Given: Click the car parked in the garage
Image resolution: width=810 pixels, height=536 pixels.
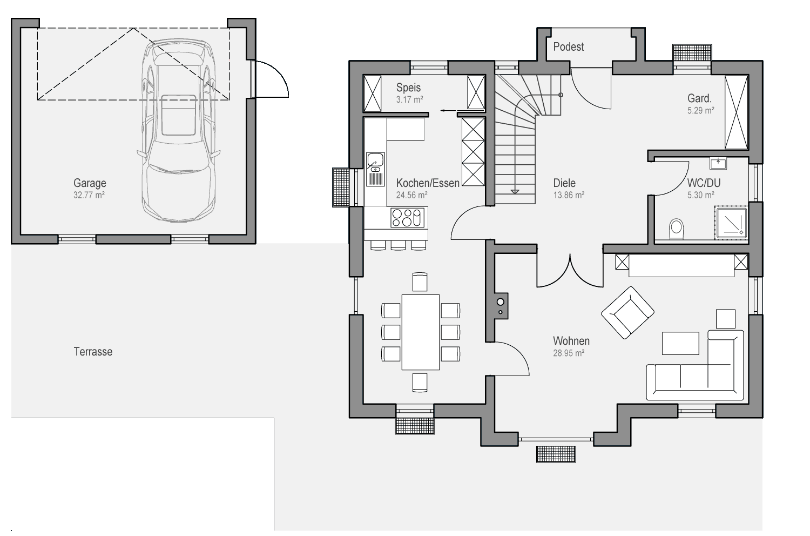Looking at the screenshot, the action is (179, 131).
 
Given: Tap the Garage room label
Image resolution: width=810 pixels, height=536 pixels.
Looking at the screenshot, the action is (90, 183).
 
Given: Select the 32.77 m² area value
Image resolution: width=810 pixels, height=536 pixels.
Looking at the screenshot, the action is (89, 195).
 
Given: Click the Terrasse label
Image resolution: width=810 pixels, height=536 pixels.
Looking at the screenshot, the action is (93, 351).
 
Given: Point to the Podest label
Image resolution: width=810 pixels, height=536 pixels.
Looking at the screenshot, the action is (569, 46).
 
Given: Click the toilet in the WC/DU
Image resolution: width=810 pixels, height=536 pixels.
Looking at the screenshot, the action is (676, 229).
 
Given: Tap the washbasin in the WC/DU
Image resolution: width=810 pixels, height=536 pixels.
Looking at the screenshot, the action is (718, 163).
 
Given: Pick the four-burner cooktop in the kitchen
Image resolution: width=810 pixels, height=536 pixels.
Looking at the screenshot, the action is (407, 218).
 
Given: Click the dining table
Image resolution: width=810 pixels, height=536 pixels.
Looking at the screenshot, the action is (421, 332).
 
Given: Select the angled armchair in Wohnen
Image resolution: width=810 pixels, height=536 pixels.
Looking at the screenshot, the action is (627, 313).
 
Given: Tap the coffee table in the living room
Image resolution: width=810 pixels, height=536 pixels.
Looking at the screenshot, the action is (680, 343).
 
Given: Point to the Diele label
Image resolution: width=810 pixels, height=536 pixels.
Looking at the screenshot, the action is (564, 183).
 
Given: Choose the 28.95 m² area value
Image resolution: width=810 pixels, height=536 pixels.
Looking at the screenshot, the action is (569, 353).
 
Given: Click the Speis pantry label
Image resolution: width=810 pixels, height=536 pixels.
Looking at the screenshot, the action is (408, 88).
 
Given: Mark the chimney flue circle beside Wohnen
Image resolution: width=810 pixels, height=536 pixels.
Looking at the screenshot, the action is (501, 302).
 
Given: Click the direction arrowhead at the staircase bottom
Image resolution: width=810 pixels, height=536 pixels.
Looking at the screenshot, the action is (515, 192).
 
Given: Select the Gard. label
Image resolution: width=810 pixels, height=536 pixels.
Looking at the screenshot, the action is (699, 98).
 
